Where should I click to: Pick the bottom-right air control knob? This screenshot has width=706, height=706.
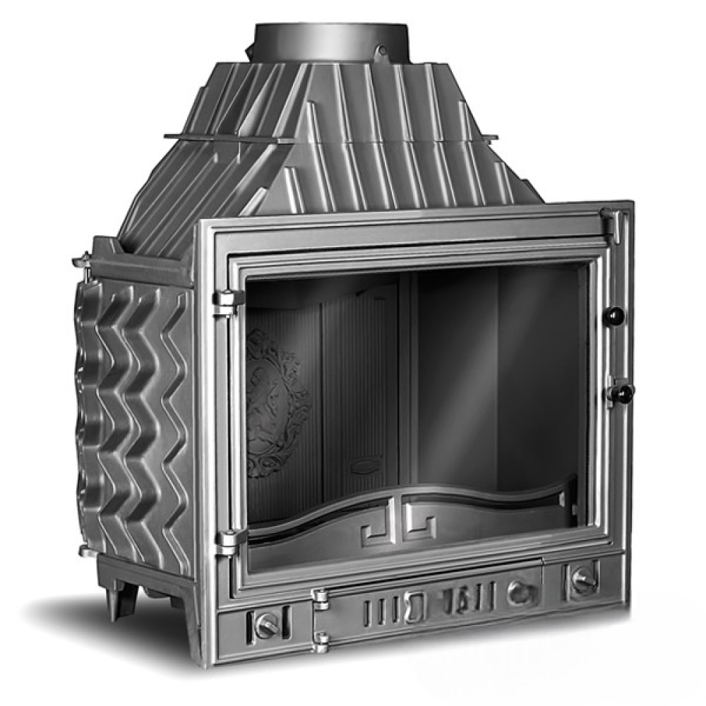[583, 579]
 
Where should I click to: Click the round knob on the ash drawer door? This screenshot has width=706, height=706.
[519, 592]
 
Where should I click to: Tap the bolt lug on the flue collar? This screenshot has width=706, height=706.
[382, 51]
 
